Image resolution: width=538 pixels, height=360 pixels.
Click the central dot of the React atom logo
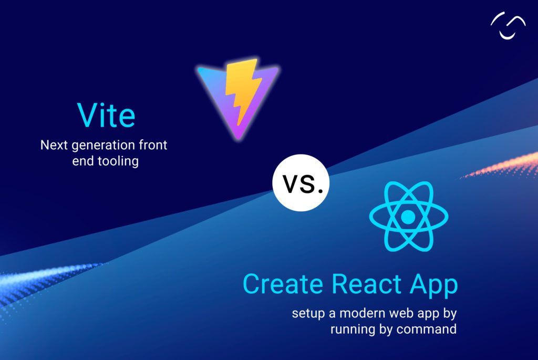pyautogui.click(x=408, y=216)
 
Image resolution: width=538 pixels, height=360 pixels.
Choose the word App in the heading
pyautogui.click(x=434, y=285)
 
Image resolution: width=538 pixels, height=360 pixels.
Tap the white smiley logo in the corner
pyautogui.click(x=508, y=26)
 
